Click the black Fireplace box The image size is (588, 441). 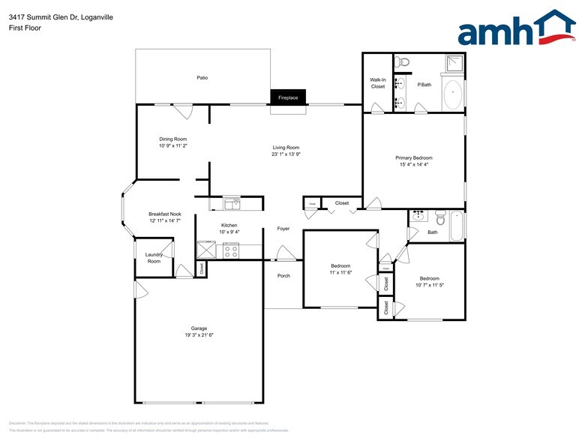tap(289, 97)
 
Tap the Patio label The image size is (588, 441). tap(202, 77)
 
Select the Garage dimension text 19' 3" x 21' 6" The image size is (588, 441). tap(199, 335)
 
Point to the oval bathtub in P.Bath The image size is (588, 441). tap(453, 95)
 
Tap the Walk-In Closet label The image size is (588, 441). tap(377, 83)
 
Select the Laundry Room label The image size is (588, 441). tap(154, 258)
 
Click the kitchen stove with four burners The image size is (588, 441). tap(230, 250)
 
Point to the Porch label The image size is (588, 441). tap(283, 276)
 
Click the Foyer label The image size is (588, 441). tap(283, 229)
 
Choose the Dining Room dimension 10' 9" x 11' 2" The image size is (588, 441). tap(172, 146)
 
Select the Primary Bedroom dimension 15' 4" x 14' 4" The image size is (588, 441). tap(414, 165)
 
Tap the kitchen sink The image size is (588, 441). tap(232, 202)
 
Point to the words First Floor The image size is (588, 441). tap(26, 28)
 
